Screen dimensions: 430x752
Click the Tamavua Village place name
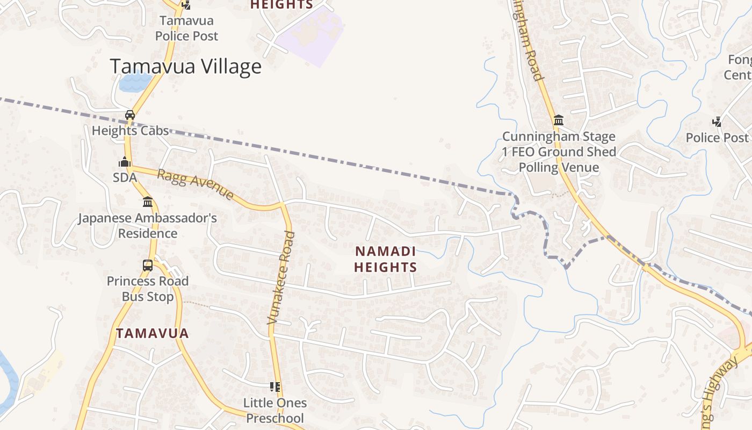[x=185, y=66]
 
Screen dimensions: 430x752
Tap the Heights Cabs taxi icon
[x=130, y=114]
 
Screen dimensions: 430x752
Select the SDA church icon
[x=125, y=162]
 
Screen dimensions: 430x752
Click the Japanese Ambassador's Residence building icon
[x=148, y=202]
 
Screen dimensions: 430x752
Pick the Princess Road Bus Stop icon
[x=148, y=265]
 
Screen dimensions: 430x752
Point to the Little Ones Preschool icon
[x=275, y=386]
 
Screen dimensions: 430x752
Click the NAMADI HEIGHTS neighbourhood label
[x=386, y=259]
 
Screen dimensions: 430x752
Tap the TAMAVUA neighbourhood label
[x=153, y=333]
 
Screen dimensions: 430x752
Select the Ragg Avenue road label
[x=196, y=184]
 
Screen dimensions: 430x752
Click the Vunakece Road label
[x=281, y=278]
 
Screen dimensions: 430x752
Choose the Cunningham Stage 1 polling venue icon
[x=559, y=120]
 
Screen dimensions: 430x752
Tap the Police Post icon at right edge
[x=717, y=121]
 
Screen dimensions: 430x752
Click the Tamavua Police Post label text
[x=187, y=28]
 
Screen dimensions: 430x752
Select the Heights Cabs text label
[x=130, y=131]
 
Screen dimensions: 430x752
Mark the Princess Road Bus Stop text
[x=148, y=289]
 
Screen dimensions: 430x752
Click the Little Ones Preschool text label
[x=275, y=410]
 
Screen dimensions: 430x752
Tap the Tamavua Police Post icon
[x=186, y=5]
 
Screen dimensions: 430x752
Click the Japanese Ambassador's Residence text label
[x=148, y=226]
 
